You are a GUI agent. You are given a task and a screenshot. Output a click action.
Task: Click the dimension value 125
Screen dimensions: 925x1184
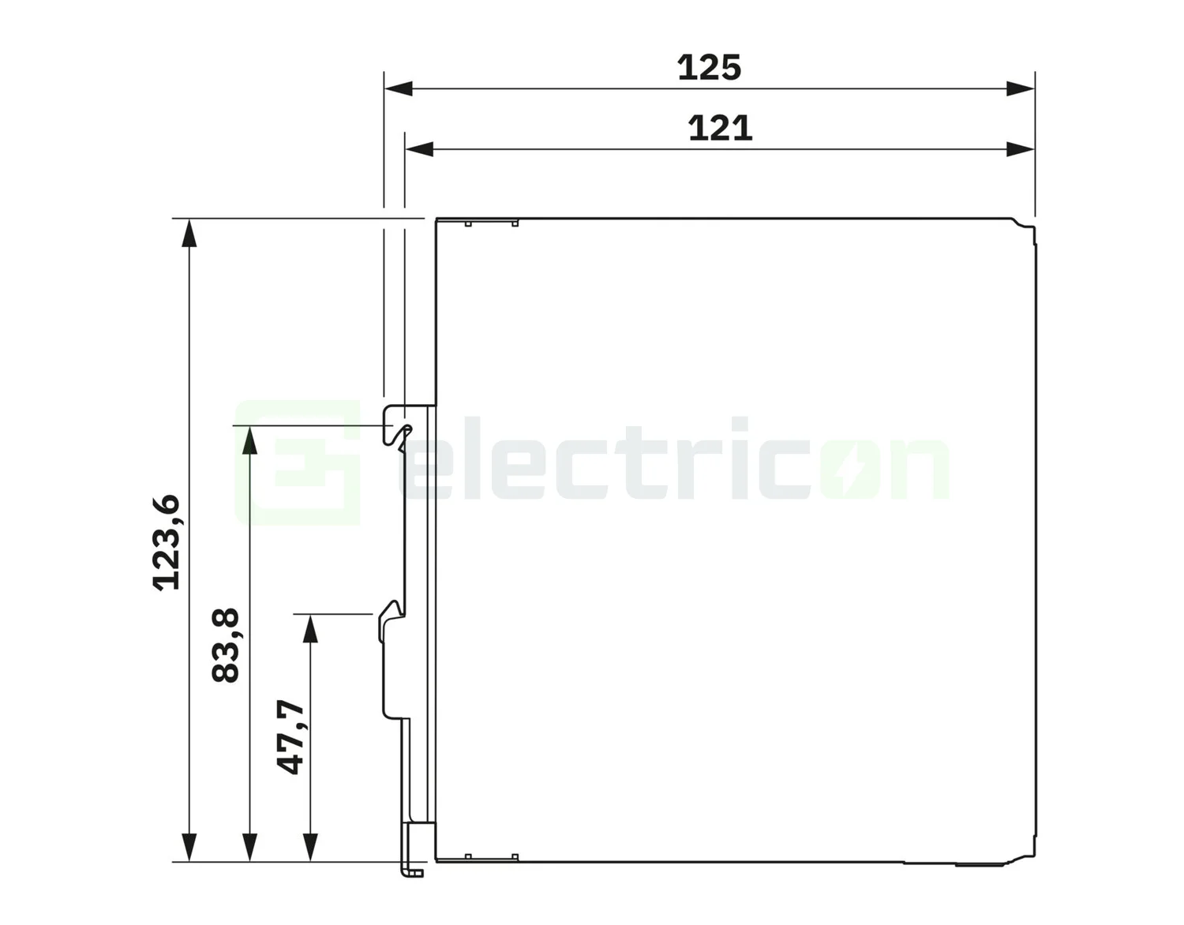pyautogui.click(x=709, y=68)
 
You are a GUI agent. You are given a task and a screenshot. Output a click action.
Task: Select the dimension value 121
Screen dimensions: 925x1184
pyautogui.click(x=720, y=128)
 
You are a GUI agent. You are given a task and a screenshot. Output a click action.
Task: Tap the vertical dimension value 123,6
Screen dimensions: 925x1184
pyautogui.click(x=167, y=542)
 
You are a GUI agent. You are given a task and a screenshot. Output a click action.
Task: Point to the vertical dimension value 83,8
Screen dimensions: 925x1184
pyautogui.click(x=226, y=645)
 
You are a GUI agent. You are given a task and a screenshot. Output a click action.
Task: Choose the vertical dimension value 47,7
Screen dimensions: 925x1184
pyautogui.click(x=290, y=736)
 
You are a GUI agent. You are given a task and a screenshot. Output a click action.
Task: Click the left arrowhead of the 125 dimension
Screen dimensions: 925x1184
pyautogui.click(x=398, y=88)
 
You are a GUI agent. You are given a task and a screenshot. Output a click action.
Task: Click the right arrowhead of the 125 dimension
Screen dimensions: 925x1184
pyautogui.click(x=1021, y=88)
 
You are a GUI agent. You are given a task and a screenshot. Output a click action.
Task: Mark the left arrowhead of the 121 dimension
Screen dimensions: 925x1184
pyautogui.click(x=418, y=148)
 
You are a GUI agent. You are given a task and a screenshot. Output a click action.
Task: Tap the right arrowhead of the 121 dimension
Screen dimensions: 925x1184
pyautogui.click(x=1021, y=148)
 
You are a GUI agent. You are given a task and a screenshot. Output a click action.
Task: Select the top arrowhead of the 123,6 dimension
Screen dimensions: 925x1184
pyautogui.click(x=189, y=233)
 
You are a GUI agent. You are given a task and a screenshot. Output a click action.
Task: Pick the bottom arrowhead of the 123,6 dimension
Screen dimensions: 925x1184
pyautogui.click(x=189, y=848)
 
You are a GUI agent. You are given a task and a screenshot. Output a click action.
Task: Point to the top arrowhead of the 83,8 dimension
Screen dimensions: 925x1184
pyautogui.click(x=249, y=440)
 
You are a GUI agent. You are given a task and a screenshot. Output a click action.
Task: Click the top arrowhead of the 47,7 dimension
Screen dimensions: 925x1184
pyautogui.click(x=310, y=628)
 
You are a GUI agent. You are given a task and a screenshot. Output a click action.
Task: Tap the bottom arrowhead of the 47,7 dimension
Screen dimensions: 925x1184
pyautogui.click(x=310, y=848)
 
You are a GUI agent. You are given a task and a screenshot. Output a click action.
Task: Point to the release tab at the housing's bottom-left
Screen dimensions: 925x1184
pyautogui.click(x=413, y=868)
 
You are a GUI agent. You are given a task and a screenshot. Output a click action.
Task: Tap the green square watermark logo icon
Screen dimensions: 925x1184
pyautogui.click(x=298, y=462)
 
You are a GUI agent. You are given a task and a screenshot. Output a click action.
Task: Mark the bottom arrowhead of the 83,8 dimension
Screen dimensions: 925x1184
pyautogui.click(x=249, y=848)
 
